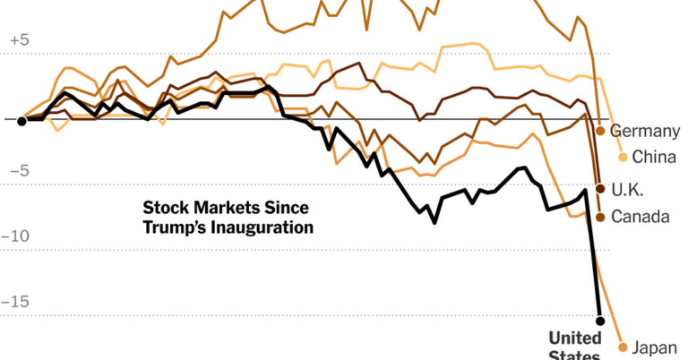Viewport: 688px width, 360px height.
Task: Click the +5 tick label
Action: (x=20, y=40)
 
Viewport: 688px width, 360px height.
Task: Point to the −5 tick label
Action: (x=20, y=171)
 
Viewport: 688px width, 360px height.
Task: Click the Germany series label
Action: (x=645, y=132)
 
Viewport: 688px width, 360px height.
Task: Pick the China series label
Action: (x=654, y=158)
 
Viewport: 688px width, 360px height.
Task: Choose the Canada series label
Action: (x=641, y=217)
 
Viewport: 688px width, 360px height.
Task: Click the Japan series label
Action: (x=656, y=347)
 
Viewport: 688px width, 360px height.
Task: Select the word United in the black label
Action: (x=575, y=339)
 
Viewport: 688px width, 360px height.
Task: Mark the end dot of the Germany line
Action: (x=600, y=132)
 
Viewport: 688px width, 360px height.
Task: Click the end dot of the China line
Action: (x=623, y=158)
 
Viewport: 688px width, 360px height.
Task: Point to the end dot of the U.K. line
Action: (x=600, y=189)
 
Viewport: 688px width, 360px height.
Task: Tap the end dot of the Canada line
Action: (x=600, y=217)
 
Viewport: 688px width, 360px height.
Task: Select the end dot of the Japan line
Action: (x=623, y=347)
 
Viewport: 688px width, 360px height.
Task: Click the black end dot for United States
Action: (x=600, y=321)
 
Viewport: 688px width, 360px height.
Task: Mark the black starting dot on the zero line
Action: (x=21, y=120)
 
